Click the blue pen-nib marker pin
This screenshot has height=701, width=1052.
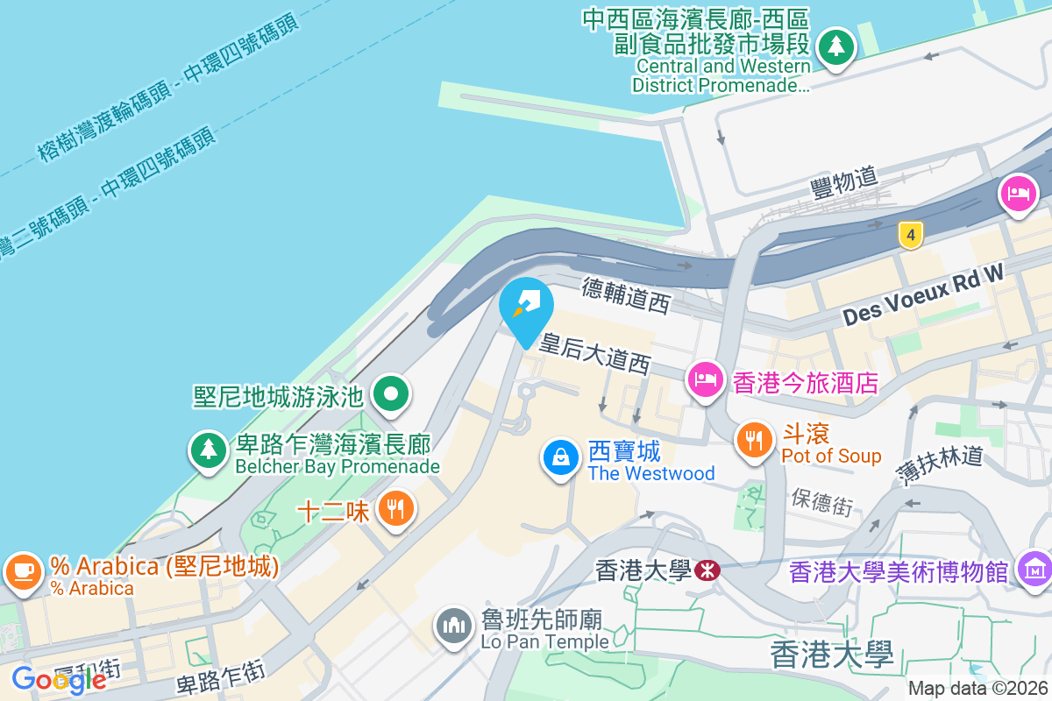[526, 307]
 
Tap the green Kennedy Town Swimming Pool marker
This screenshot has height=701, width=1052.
[391, 394]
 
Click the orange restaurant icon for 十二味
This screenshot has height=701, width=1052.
[396, 507]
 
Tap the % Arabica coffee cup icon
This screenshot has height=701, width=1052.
[23, 571]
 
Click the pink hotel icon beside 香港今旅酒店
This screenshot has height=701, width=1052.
[707, 379]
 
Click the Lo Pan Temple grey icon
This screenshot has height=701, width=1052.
[453, 627]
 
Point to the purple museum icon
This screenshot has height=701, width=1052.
[1034, 570]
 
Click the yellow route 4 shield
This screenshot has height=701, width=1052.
[911, 235]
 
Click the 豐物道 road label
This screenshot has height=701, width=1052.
[843, 181]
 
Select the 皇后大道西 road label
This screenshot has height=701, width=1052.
[595, 353]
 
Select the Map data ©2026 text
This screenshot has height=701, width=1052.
[977, 689]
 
